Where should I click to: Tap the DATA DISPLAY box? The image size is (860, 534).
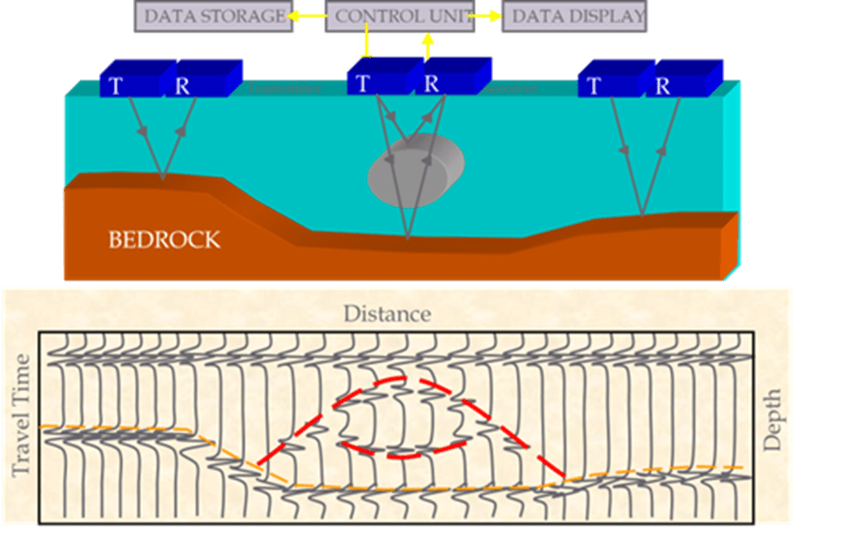[574, 16]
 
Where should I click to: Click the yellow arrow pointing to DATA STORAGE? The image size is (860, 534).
[304, 16]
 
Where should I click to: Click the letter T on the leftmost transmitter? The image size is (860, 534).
[116, 86]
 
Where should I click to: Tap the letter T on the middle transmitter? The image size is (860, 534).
[363, 83]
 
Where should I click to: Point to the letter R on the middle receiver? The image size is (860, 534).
[431, 83]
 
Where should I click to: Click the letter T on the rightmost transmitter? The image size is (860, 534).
[594, 86]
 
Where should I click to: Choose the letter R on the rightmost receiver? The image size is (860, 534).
[663, 86]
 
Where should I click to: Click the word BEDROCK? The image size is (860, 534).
[164, 239]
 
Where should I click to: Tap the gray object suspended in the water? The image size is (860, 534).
[415, 171]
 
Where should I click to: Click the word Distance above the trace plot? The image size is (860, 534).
[387, 314]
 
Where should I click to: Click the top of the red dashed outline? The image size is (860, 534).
[401, 379]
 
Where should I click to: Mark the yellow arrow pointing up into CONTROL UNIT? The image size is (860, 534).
[428, 43]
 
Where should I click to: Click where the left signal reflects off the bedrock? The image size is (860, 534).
[163, 178]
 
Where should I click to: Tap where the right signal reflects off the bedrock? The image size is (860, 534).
[642, 215]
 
